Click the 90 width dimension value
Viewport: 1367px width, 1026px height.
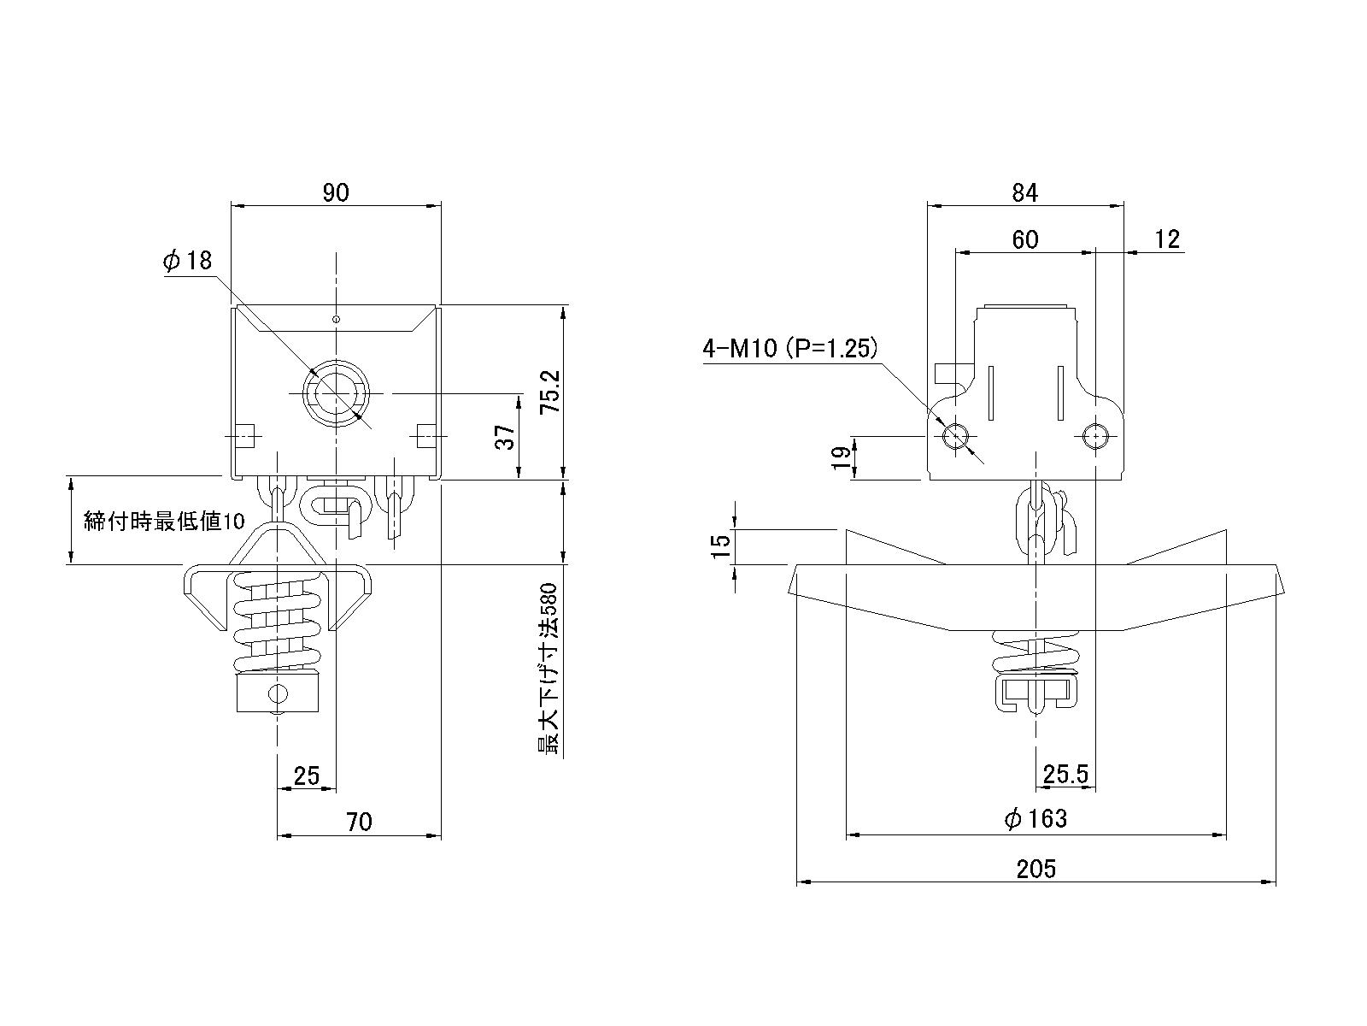pyautogui.click(x=336, y=192)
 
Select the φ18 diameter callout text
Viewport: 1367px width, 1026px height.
pyautogui.click(x=187, y=261)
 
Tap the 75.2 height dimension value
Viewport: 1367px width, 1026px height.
pyautogui.click(x=551, y=392)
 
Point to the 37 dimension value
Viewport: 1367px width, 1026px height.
pyautogui.click(x=506, y=438)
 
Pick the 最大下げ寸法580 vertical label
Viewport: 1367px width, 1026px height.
pyautogui.click(x=549, y=669)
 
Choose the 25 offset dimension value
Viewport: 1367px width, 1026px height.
pyautogui.click(x=306, y=775)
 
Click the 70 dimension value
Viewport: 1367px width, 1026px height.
pyautogui.click(x=360, y=822)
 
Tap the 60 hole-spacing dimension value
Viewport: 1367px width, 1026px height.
pyautogui.click(x=1024, y=239)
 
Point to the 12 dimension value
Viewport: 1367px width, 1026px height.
pyautogui.click(x=1166, y=239)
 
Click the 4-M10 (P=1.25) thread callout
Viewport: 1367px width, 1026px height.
pyautogui.click(x=790, y=348)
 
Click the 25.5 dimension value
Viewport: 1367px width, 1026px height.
pyautogui.click(x=1065, y=775)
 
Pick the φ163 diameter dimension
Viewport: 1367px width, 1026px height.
pyautogui.click(x=1036, y=819)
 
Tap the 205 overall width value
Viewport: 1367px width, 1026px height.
pyautogui.click(x=1036, y=870)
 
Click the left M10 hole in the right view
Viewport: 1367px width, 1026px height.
pyautogui.click(x=954, y=437)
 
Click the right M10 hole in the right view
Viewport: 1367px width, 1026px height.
pyautogui.click(x=1094, y=437)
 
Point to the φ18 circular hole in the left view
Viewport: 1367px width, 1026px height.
pyautogui.click(x=337, y=394)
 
